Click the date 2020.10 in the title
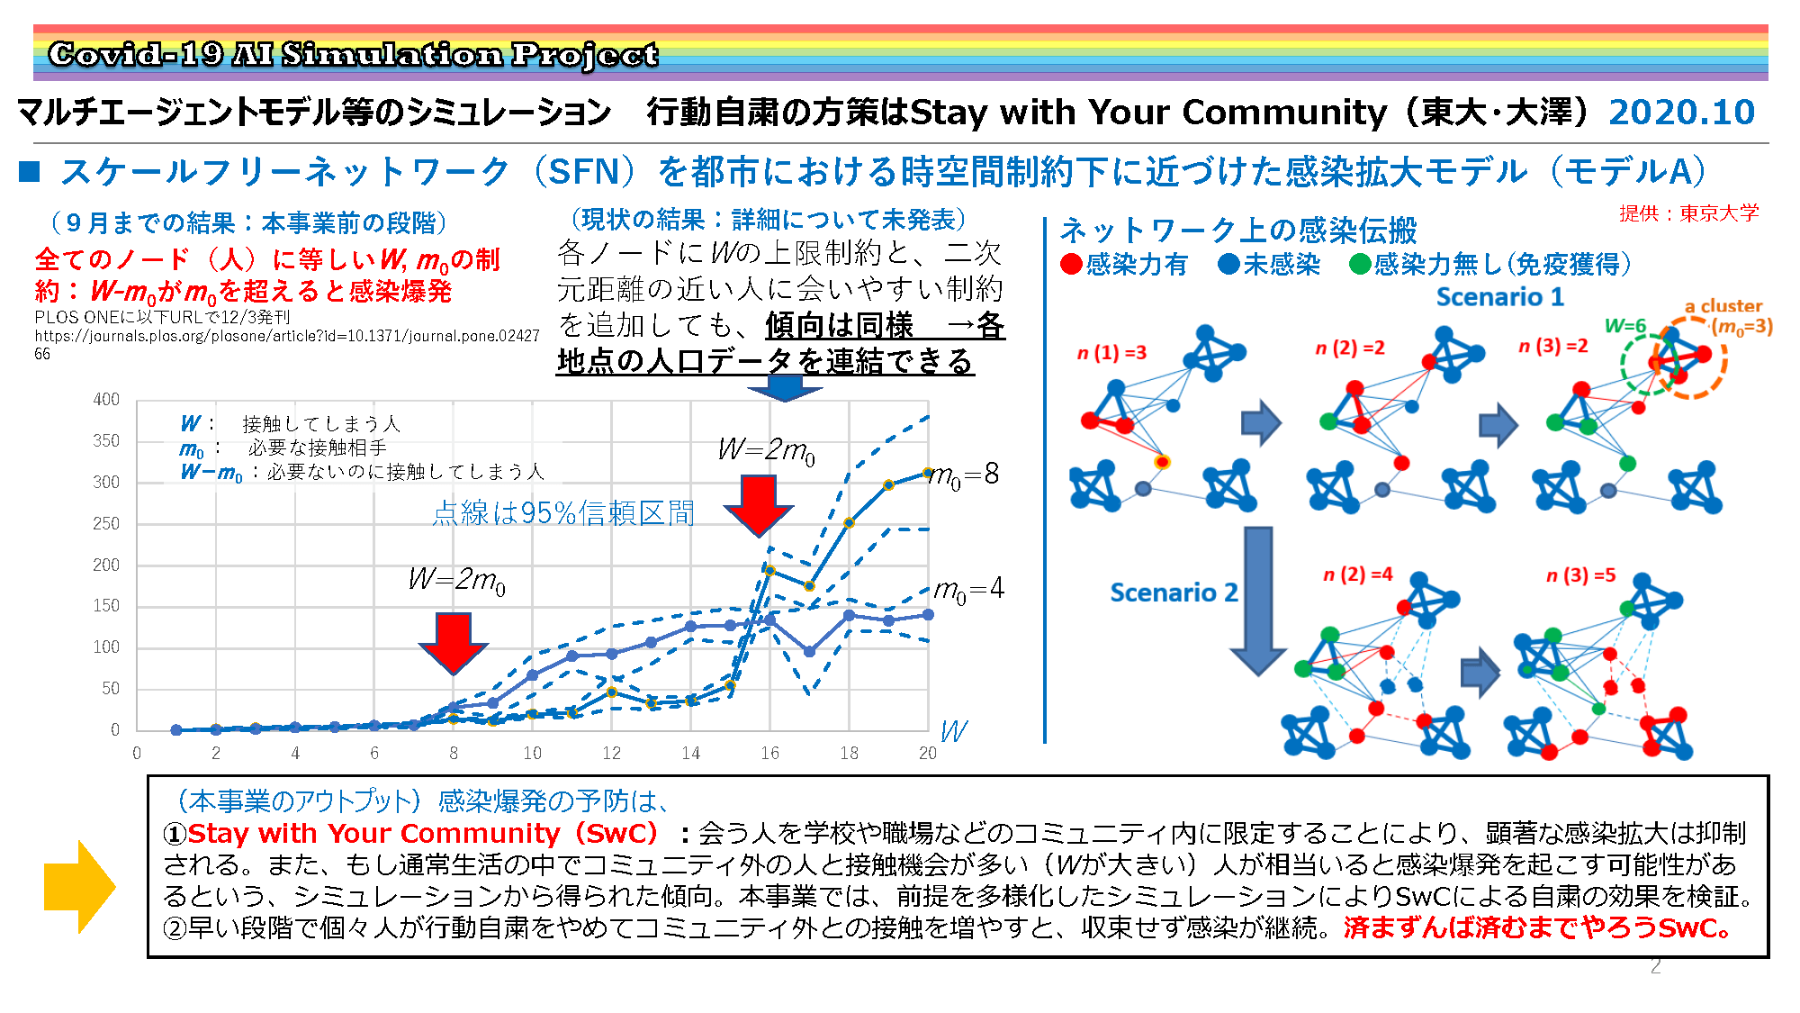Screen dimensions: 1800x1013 click(1681, 113)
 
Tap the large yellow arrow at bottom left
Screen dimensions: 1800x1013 click(79, 887)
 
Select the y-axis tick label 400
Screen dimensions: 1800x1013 click(106, 399)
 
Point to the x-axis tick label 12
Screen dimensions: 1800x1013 click(612, 753)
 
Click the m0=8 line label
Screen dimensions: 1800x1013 click(964, 475)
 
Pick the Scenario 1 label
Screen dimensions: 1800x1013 click(1499, 297)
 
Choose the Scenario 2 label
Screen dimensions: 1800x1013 click(1174, 592)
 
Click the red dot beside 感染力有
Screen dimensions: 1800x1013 click(1071, 265)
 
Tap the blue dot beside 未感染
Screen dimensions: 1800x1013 click(1228, 265)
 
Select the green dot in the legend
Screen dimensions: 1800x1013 click(1360, 265)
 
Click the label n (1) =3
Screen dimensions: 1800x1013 click(1112, 353)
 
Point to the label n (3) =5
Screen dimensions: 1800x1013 click(1581, 575)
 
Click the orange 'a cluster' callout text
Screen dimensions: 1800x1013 click(1723, 306)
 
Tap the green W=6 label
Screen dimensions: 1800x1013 click(1625, 326)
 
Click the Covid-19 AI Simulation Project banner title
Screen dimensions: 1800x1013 click(353, 55)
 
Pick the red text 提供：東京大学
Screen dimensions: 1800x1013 click(1688, 213)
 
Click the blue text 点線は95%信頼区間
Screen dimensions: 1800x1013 click(563, 513)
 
